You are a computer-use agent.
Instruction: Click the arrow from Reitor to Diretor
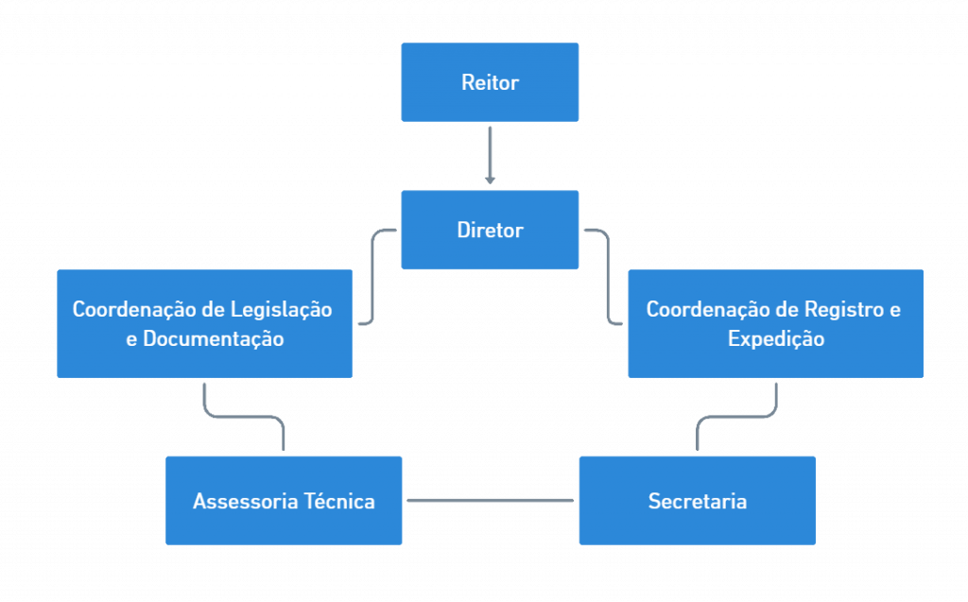click(x=490, y=151)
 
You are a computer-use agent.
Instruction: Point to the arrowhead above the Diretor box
click(x=490, y=179)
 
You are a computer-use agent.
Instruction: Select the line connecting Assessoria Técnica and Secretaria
click(x=490, y=500)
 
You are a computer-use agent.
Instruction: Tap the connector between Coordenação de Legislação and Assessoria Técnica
click(x=243, y=417)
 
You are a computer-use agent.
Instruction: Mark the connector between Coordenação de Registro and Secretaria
click(x=737, y=417)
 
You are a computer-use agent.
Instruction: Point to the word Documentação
click(x=213, y=338)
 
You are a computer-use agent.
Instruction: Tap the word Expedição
click(x=775, y=338)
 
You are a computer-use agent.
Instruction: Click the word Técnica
click(x=338, y=501)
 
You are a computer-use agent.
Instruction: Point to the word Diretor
click(x=490, y=230)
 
